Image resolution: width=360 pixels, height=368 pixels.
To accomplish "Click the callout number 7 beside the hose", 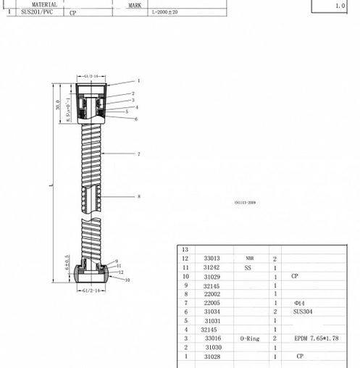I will tap(138, 154).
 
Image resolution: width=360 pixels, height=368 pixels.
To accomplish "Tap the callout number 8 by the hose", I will tap(138, 196).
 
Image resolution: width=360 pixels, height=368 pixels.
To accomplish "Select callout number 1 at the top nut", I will tap(138, 81).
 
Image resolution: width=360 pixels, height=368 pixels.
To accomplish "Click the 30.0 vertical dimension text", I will tap(58, 105).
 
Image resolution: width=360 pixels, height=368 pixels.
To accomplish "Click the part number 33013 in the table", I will tap(212, 259).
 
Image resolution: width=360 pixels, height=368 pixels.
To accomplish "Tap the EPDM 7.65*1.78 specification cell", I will tap(315, 338).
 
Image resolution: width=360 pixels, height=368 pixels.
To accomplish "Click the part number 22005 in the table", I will tap(212, 303).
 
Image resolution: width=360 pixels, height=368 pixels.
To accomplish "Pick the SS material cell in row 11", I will tap(248, 267).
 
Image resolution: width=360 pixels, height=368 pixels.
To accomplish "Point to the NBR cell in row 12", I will tap(249, 259).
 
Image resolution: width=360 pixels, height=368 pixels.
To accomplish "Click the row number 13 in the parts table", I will tap(185, 249).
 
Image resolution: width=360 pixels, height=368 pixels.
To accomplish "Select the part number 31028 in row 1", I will tap(212, 356).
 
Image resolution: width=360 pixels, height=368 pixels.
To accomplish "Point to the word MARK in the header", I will tap(135, 5).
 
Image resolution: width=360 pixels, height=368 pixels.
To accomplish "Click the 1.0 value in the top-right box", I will tap(340, 6).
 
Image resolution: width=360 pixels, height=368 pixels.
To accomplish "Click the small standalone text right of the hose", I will tap(245, 204).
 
